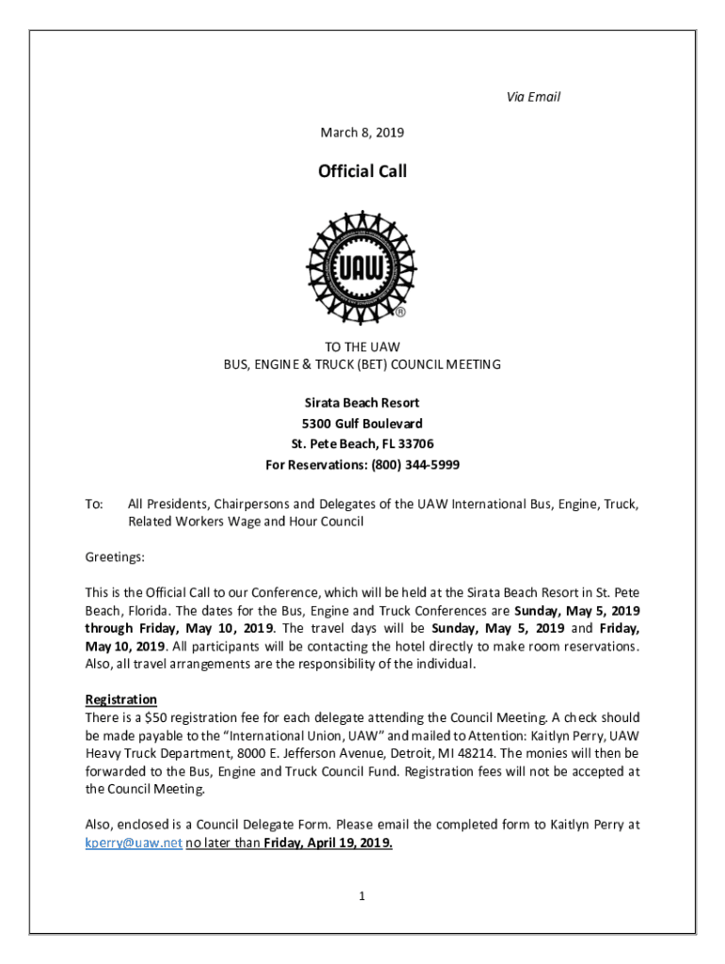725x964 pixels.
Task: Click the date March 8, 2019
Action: (362, 134)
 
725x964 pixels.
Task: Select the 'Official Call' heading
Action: (362, 171)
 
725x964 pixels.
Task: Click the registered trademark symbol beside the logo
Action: (400, 311)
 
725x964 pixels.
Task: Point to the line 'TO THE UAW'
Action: (362, 346)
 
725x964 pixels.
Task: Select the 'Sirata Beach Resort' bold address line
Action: (362, 403)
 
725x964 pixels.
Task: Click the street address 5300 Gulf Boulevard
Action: (362, 424)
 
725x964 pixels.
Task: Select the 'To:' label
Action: (94, 504)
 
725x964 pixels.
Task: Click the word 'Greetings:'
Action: (115, 557)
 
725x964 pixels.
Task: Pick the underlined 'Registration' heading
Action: (121, 699)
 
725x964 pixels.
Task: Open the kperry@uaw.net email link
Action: (133, 843)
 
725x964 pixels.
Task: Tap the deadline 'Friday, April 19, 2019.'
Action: (328, 843)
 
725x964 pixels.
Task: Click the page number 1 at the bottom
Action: (362, 896)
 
